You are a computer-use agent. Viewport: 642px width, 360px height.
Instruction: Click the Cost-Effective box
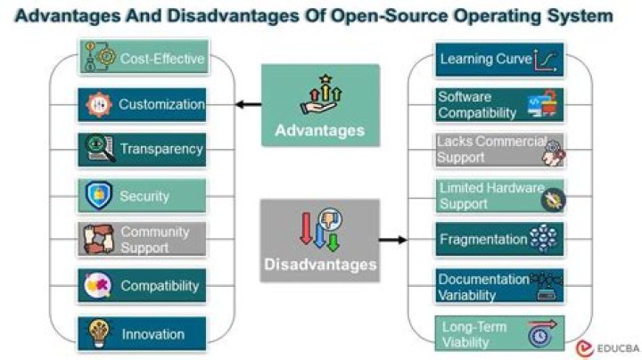143,60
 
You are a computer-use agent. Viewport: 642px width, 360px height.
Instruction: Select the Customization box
143,104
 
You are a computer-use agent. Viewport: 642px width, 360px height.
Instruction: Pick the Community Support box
143,240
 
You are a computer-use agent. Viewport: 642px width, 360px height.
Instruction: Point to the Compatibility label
160,286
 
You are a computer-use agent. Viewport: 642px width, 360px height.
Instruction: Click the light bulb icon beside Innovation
97,334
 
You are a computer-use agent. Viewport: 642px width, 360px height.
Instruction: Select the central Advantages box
320,105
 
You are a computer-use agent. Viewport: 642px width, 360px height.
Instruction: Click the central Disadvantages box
320,241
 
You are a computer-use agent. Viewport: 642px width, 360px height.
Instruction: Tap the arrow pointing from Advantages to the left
248,104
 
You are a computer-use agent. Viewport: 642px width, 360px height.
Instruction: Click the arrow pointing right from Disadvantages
392,240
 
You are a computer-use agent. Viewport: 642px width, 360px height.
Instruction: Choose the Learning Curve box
499,60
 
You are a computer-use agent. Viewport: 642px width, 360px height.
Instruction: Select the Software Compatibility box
499,105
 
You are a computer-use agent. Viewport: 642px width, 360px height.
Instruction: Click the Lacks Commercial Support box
499,150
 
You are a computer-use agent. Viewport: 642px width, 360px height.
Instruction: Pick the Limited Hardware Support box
499,196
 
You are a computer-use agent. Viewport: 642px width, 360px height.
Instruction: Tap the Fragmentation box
499,240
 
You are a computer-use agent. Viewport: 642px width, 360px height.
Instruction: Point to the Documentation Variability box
499,286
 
